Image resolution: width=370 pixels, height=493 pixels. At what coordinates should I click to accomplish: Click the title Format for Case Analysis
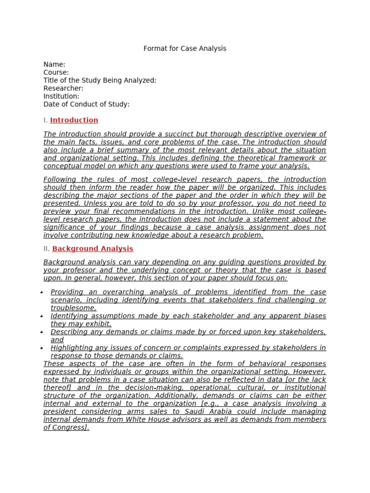coord(185,49)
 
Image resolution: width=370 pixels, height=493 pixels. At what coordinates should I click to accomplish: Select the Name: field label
coord(54,65)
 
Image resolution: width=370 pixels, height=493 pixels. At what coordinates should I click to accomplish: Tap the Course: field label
coord(56,73)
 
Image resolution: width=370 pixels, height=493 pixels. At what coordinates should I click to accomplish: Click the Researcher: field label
coord(63,89)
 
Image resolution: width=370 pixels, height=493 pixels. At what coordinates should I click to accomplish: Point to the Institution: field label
coord(61,96)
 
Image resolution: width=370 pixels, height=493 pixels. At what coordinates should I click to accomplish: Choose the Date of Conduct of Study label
coord(86,104)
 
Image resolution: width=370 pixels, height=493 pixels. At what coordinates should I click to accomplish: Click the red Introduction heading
coord(74,120)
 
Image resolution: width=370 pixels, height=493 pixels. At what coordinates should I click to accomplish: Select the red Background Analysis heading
coord(92,249)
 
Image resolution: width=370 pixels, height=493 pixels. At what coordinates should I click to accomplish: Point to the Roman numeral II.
coord(46,249)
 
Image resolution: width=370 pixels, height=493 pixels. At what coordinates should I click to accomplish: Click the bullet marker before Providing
coord(42,292)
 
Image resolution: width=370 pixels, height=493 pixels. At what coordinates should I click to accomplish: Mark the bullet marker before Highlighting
coord(42,348)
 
